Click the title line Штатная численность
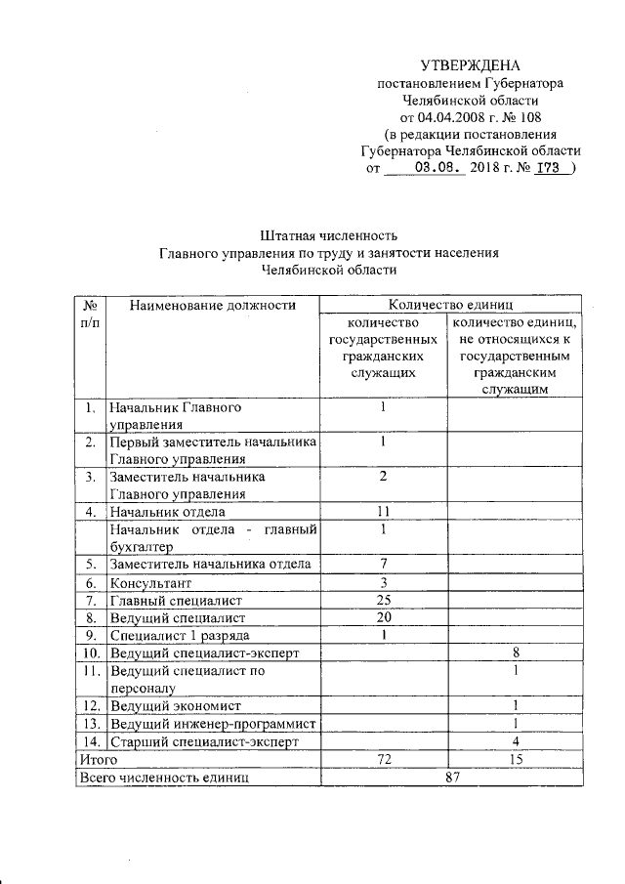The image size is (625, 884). click(x=330, y=235)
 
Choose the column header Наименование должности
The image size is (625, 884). click(x=212, y=306)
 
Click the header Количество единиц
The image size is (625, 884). click(x=451, y=305)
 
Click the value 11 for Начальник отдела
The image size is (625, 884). click(x=385, y=511)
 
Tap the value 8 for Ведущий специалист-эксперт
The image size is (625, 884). click(x=516, y=652)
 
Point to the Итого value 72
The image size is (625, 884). click(x=385, y=758)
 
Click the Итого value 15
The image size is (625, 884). click(x=516, y=758)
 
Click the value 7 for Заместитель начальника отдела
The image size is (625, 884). click(x=385, y=564)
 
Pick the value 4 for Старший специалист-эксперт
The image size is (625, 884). click(x=516, y=741)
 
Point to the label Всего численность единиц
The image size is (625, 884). click(x=163, y=777)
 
